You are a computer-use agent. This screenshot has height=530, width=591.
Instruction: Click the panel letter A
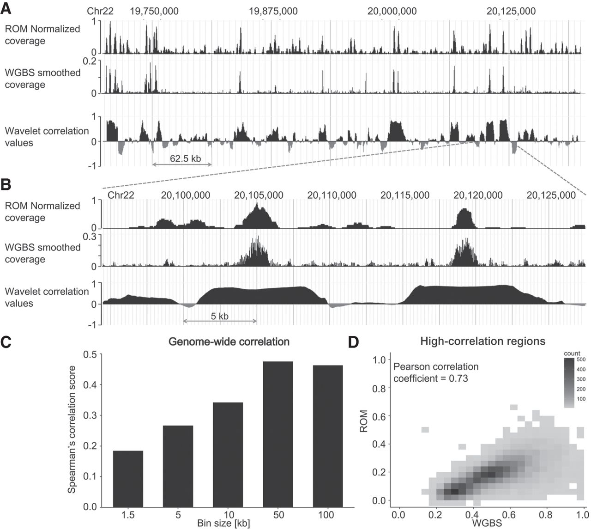point(6,9)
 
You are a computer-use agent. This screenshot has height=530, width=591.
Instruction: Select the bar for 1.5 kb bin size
point(128,479)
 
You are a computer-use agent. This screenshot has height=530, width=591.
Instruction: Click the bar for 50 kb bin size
point(278,434)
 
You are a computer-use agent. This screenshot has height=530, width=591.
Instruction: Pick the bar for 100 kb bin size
point(328,436)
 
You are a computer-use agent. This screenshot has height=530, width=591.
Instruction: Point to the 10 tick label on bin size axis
point(229,515)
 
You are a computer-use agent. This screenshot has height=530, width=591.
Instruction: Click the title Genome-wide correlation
point(229,341)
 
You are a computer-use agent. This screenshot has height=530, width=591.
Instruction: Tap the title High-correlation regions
point(483,341)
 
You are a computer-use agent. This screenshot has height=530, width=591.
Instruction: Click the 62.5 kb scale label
point(185,158)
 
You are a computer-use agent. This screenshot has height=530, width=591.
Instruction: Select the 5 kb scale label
point(220,316)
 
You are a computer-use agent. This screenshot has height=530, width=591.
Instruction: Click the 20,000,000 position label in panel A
point(392,11)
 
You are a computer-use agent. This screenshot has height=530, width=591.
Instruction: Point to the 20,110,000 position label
point(332,195)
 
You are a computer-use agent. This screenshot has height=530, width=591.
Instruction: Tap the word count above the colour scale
point(572,353)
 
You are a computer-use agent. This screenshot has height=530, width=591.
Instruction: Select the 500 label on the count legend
point(581,359)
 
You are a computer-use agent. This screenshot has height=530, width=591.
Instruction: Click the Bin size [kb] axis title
point(223,523)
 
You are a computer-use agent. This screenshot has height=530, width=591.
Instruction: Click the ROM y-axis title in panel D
point(364,421)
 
